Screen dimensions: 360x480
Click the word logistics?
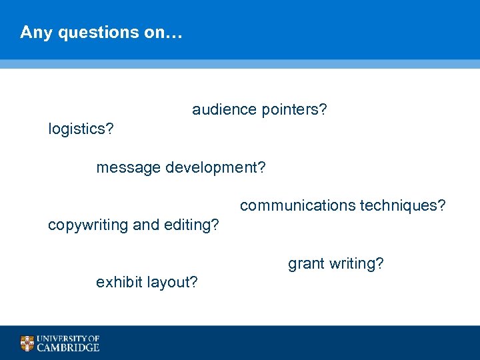tap(81, 129)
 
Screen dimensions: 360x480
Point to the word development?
tap(215, 167)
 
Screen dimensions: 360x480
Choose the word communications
tap(297, 206)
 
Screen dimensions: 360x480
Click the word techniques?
tap(403, 206)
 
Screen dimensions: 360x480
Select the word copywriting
tap(89, 225)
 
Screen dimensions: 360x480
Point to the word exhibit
tap(119, 283)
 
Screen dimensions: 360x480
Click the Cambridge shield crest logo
tap(27, 343)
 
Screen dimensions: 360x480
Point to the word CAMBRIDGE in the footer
tap(68, 347)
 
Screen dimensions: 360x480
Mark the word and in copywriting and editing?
tap(146, 225)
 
